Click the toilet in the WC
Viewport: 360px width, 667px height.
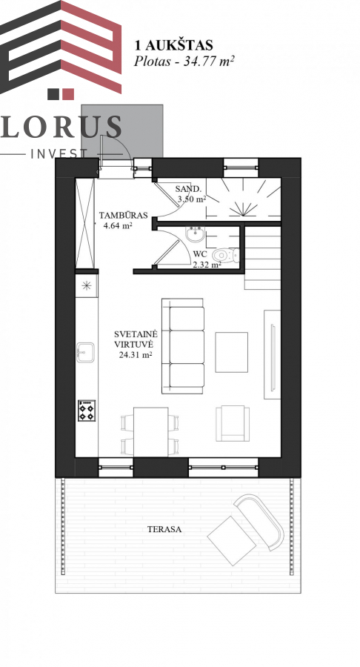click(x=227, y=256)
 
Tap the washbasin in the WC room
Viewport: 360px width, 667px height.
click(x=196, y=234)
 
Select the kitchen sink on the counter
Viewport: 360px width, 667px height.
click(x=85, y=352)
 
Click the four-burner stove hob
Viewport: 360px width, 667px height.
click(x=86, y=411)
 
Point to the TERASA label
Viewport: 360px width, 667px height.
click(x=164, y=530)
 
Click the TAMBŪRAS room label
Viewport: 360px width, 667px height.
click(x=123, y=215)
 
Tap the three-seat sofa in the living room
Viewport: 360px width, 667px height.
click(x=183, y=345)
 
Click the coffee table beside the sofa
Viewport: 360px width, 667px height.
click(x=231, y=352)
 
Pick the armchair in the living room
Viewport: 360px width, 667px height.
click(x=232, y=423)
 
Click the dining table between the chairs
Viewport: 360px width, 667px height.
click(x=150, y=432)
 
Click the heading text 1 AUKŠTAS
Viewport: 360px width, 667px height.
click(x=173, y=45)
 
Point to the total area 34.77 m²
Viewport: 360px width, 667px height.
click(x=209, y=62)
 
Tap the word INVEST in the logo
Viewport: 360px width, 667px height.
click(x=59, y=153)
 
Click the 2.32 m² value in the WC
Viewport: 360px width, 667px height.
click(x=207, y=265)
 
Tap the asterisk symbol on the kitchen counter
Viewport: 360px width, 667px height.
click(x=86, y=286)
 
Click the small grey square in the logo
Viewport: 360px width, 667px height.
click(x=53, y=94)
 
